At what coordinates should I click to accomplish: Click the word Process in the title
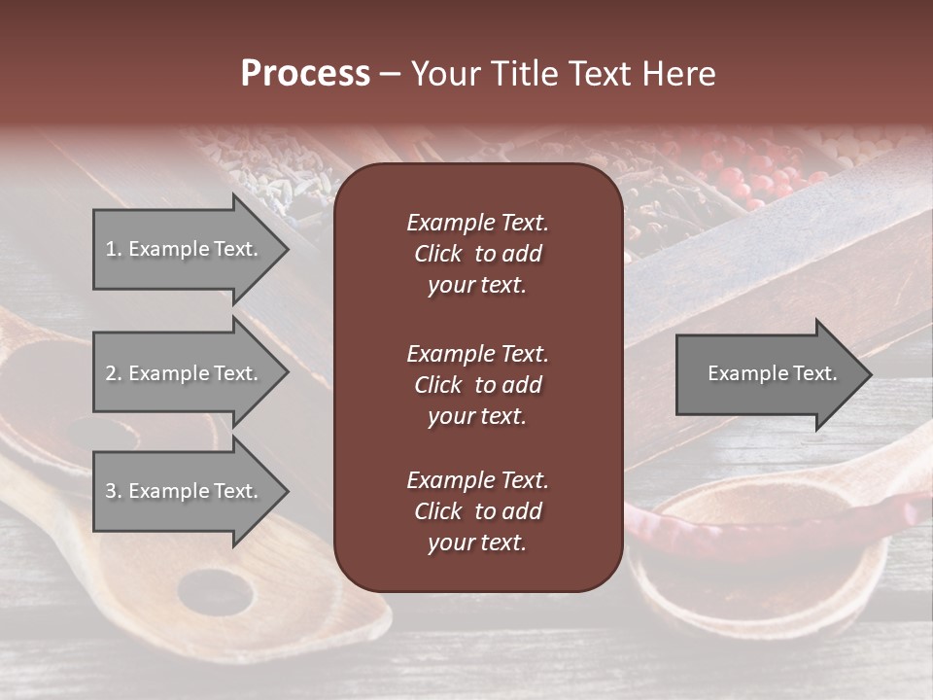(x=305, y=74)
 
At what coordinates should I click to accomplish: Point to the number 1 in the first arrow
(x=111, y=249)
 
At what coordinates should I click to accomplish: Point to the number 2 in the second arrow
(x=111, y=373)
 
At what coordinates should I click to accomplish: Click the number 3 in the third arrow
(x=111, y=491)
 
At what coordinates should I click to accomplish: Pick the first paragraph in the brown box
(x=477, y=254)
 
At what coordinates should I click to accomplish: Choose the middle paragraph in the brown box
(x=477, y=384)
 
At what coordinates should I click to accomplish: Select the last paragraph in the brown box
(x=477, y=511)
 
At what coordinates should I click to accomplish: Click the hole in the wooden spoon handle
(x=216, y=590)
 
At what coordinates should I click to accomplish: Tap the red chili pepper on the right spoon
(x=680, y=525)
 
